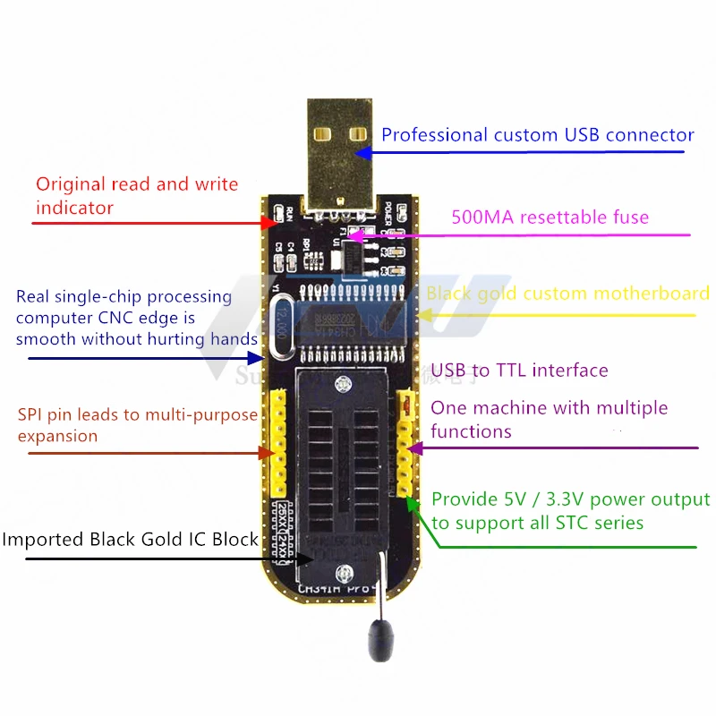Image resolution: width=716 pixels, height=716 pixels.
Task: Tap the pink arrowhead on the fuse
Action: coord(352,236)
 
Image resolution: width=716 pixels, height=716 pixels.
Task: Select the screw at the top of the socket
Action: coord(340,385)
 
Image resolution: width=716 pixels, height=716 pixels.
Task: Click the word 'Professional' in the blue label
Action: coord(434,135)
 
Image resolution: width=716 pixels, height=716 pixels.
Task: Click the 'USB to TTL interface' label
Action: coord(519,371)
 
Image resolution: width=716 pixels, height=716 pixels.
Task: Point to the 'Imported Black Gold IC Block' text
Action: coord(130,540)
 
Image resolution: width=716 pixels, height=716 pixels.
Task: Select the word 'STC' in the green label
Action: coord(585,523)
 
